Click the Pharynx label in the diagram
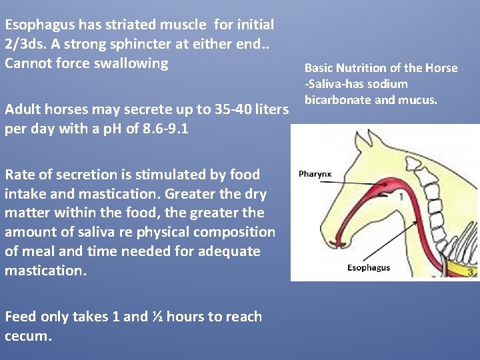[x=315, y=174]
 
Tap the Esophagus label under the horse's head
[x=369, y=268]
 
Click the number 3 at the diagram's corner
[x=471, y=272]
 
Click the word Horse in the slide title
[x=443, y=68]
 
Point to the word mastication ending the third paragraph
[x=45, y=271]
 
